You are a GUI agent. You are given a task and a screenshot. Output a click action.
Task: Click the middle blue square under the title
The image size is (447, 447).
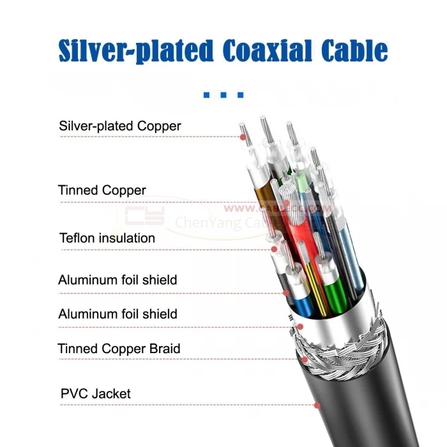[223, 95]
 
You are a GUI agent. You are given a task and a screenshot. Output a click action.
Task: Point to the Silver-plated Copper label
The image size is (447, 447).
[119, 126]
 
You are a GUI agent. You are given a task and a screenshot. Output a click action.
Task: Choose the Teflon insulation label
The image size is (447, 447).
[107, 238]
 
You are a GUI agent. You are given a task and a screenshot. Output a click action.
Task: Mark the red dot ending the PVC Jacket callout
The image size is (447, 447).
[317, 405]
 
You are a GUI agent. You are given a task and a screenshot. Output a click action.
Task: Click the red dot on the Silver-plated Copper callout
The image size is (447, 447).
[243, 136]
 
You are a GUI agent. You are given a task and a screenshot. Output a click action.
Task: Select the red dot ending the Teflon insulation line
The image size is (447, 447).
[273, 249]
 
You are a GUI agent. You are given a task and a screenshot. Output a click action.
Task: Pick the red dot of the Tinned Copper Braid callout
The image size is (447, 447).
[305, 359]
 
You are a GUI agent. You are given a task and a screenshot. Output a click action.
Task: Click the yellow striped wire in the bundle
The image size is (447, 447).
[311, 281]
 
